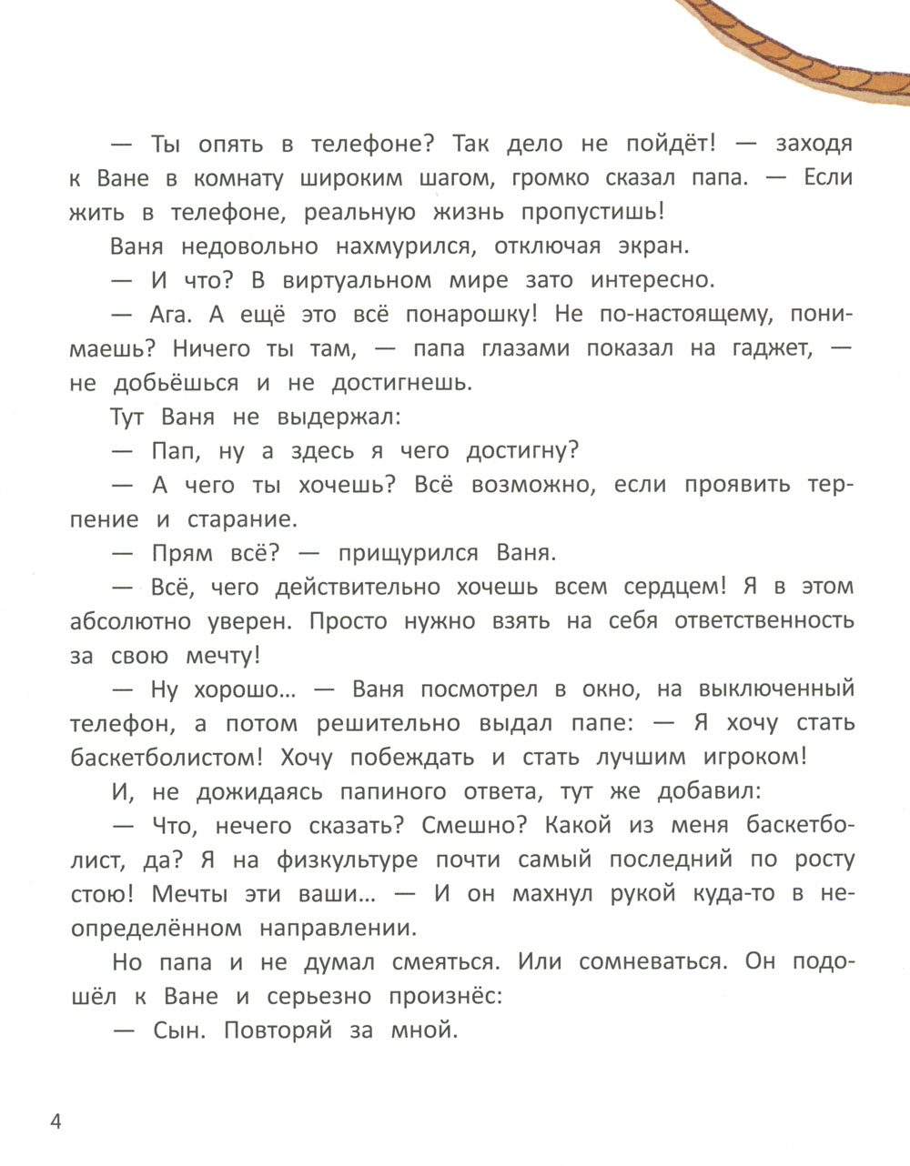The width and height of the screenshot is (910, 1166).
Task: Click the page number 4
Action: [56, 1121]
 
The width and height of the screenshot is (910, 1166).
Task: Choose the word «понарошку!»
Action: [468, 315]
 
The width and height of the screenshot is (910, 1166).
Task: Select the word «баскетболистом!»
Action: [162, 759]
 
